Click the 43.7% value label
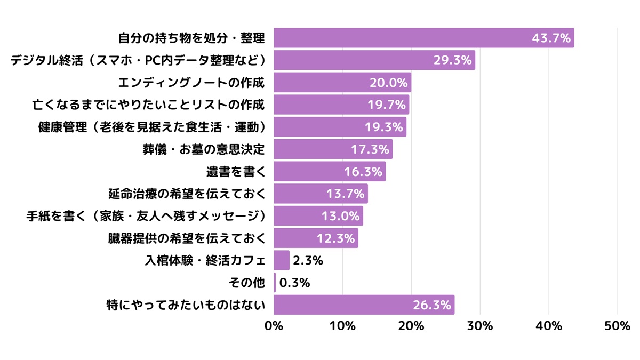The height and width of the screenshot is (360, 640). (x=551, y=38)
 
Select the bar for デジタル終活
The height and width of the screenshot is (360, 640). (x=373, y=60)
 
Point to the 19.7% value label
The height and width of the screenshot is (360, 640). (x=387, y=105)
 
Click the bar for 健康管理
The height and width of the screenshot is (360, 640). (x=340, y=127)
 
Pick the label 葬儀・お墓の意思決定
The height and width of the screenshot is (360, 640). (x=200, y=149)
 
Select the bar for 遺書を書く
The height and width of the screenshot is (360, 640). (x=329, y=172)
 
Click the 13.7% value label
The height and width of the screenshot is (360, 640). (x=345, y=194)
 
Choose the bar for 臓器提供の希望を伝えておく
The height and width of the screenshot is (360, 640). (x=316, y=238)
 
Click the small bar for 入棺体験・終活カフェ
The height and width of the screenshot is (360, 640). (x=281, y=260)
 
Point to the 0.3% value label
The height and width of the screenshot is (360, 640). (x=294, y=283)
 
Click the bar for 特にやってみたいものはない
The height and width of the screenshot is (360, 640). (x=364, y=305)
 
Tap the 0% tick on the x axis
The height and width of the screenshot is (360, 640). (x=274, y=326)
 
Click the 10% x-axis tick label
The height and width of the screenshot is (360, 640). (x=342, y=326)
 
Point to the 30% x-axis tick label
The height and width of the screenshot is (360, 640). (x=480, y=326)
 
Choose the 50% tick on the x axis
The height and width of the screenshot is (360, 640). (x=618, y=326)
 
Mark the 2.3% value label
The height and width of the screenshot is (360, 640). (x=308, y=260)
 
